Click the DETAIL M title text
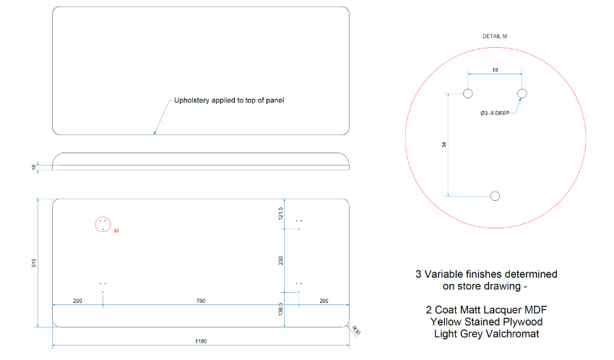coord(495,36)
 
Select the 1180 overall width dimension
coord(201,341)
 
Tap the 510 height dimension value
coord(34,263)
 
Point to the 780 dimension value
coord(201,301)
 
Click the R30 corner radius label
coord(356,330)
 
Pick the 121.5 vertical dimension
coord(280,213)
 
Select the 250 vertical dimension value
coord(280,260)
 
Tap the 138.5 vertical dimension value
coord(280,309)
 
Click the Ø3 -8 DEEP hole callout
coord(495,113)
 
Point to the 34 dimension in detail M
coord(444,145)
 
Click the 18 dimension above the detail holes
coord(495,69)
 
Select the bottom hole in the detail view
coord(495,196)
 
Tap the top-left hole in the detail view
coord(467,94)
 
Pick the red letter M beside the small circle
coord(116,231)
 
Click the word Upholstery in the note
coord(191,100)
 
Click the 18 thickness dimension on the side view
coord(34,167)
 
